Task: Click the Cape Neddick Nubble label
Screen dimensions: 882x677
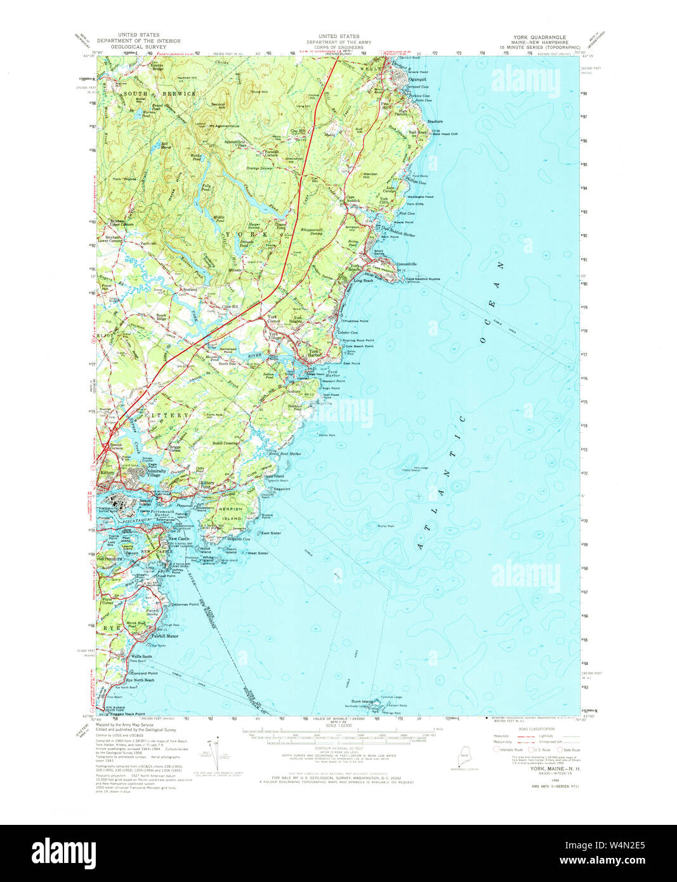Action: pos(423,279)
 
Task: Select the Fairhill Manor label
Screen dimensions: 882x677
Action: pos(164,635)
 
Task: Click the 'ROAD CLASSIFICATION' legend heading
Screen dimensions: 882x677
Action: pos(537,728)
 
